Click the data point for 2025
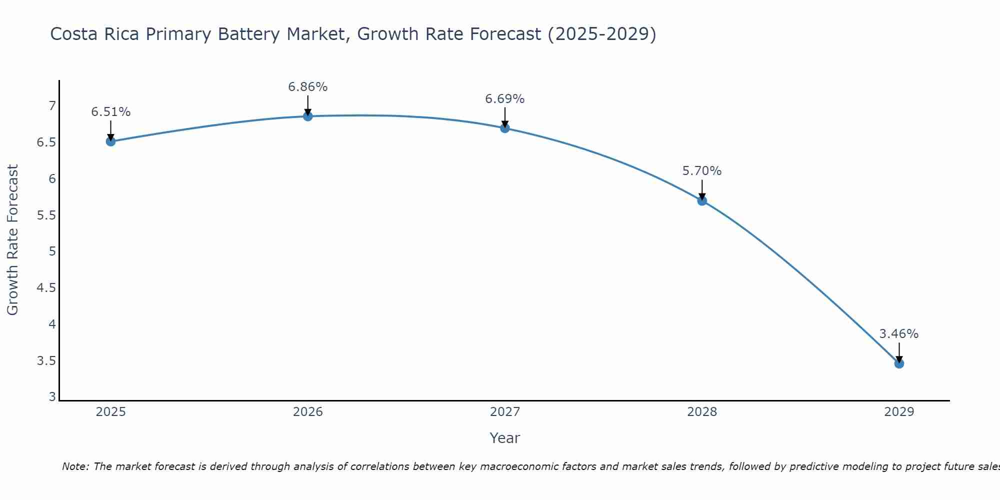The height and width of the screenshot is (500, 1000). [111, 141]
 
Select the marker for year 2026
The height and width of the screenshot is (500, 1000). [308, 116]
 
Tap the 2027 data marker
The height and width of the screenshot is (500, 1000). [505, 128]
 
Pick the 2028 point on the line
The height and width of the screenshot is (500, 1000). [702, 201]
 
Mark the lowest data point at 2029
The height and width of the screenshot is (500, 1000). [899, 363]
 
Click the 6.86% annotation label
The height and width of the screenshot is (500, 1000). [308, 87]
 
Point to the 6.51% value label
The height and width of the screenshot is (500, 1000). [111, 112]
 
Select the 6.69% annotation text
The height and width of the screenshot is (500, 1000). [505, 99]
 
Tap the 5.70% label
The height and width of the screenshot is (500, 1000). [702, 171]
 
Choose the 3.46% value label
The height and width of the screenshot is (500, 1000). [899, 334]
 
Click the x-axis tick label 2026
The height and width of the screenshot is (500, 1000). [308, 412]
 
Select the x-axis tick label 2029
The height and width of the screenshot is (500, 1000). [899, 412]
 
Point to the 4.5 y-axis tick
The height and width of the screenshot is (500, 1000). [46, 288]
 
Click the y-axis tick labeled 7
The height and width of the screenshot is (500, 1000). [52, 106]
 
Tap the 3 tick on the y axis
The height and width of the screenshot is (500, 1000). [52, 397]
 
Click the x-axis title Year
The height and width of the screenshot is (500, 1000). [505, 438]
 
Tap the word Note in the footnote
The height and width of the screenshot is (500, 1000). [75, 466]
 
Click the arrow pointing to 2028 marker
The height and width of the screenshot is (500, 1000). [702, 189]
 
